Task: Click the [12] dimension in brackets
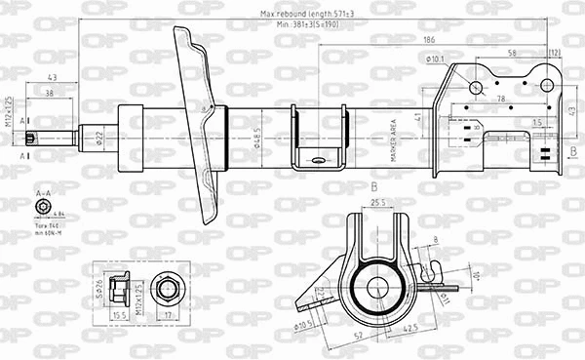click(x=555, y=52)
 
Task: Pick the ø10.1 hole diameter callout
click(x=435, y=60)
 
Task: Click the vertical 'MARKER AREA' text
click(x=394, y=138)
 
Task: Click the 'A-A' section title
click(x=43, y=194)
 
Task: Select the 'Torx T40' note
click(x=45, y=223)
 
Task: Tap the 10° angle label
click(x=476, y=276)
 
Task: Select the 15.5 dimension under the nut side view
click(x=119, y=315)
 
